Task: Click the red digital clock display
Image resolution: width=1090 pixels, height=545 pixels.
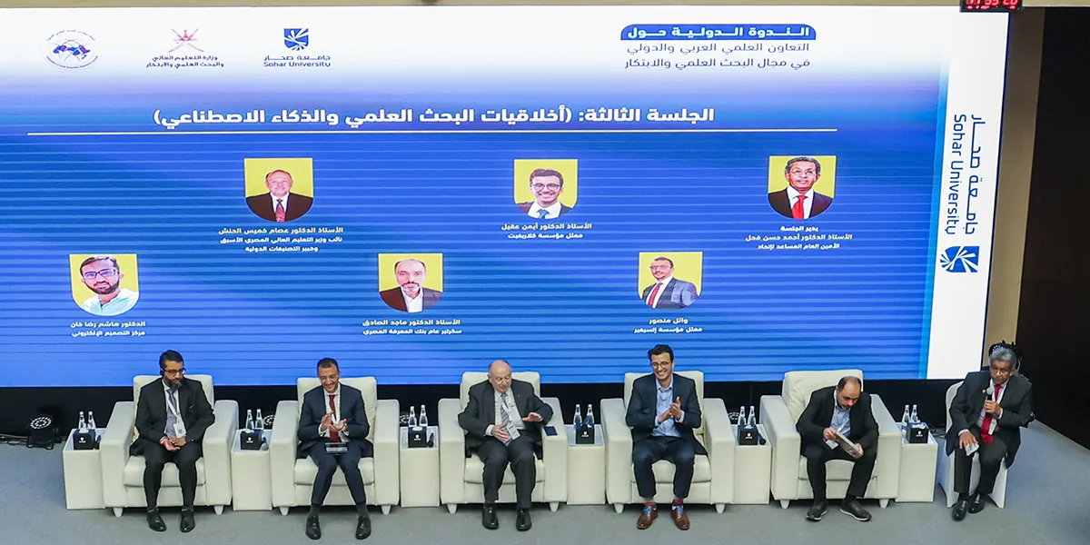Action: [x=991, y=5]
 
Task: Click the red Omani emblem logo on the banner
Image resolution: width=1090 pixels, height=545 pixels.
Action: [x=184, y=40]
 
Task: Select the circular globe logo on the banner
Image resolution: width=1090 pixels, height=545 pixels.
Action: [x=72, y=49]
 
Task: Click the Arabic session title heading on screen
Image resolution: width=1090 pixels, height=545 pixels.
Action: [x=434, y=115]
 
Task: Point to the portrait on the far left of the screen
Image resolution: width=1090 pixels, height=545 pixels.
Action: [x=104, y=284]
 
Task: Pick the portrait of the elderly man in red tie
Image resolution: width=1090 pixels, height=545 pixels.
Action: [x=279, y=190]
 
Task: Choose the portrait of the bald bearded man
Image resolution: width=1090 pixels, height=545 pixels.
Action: [x=410, y=282]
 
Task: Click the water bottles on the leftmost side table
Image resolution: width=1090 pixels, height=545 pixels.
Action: [x=84, y=422]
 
